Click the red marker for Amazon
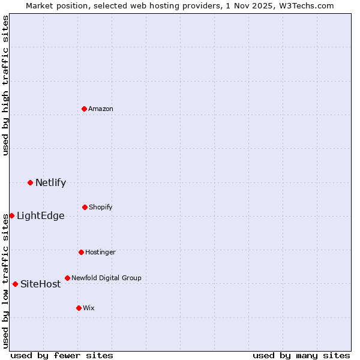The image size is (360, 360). coord(84,109)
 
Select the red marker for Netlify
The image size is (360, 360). coord(30,182)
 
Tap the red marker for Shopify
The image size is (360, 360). coord(85,207)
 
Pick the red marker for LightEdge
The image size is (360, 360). coord(11,215)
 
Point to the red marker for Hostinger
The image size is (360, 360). coord(81,252)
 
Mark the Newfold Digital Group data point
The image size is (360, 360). coord(67,278)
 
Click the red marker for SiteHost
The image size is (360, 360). coord(15,284)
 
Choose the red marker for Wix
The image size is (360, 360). coord(79,308)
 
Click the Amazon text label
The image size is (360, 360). coord(101,109)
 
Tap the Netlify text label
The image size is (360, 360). coord(50,183)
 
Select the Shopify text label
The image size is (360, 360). coord(101,207)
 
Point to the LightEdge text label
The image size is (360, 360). coord(40,216)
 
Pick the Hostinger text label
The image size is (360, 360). coord(100,252)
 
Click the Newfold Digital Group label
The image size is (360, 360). coord(106,278)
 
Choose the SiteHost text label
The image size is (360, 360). coord(40,284)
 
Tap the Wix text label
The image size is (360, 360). coord(89,308)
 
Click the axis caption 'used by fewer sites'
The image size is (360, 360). coord(62,355)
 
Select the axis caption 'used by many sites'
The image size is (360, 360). coord(301,355)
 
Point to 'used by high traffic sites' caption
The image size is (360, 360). coord(5,85)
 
